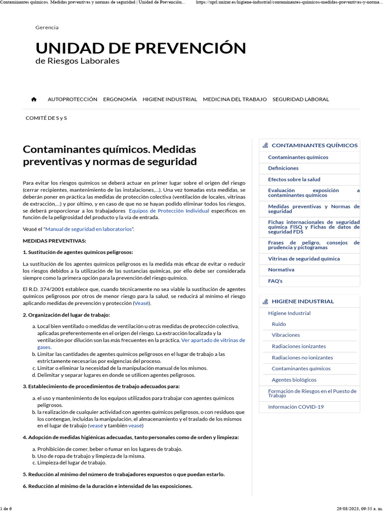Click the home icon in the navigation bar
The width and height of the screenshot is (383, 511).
coord(34,99)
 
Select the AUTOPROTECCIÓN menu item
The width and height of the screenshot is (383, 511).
coord(72,99)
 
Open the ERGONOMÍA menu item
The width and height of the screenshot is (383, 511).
coord(120,99)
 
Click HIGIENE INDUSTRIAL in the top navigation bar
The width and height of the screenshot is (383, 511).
coord(170,99)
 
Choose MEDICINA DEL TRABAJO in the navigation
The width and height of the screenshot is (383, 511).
coord(234,99)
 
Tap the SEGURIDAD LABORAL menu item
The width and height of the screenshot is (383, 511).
coord(300,99)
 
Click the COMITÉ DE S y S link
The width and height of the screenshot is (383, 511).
coord(46,118)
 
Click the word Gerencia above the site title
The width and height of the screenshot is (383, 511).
coord(47,27)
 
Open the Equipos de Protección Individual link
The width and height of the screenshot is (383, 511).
coord(169,211)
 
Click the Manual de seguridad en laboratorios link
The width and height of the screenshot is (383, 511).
coord(90,229)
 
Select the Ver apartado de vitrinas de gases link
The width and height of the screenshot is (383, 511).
coord(213,340)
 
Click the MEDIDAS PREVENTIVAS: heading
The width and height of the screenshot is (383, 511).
coord(54,241)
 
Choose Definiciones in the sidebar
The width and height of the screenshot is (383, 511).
coord(283,168)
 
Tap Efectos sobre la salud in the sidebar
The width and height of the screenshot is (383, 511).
coord(294,179)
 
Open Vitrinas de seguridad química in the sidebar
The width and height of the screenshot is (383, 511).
coord(304,258)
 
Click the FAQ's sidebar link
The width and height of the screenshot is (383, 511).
coord(275,281)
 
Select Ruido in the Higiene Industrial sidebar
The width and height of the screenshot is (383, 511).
coord(279,324)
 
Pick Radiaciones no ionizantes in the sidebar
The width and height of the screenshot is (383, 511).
coord(302,357)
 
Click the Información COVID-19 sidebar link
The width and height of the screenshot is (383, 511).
coord(296,407)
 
